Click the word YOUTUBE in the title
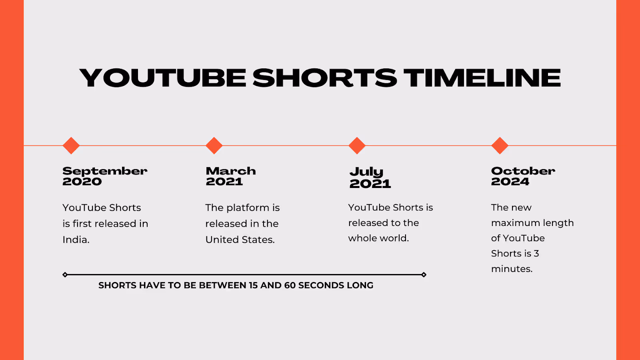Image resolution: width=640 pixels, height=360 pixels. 162,78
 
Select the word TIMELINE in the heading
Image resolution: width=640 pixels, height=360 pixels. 482,78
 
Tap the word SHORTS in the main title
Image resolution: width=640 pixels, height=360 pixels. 324,78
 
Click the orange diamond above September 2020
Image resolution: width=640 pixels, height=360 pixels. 71,146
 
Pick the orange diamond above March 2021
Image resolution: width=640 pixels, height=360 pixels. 214,146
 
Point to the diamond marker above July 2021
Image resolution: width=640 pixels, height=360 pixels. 357,146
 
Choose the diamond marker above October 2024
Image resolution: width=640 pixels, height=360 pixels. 500,146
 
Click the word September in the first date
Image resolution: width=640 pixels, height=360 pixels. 105,172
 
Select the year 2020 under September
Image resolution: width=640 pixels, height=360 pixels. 82,182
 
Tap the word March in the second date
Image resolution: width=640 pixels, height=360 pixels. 231,171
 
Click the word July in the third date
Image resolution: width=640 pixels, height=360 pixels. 366,172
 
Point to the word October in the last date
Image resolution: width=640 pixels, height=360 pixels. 523,171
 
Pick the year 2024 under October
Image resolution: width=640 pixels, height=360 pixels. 510,182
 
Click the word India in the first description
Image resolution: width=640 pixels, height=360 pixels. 76,240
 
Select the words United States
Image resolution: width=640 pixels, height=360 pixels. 240,240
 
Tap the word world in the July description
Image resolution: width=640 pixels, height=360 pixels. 392,238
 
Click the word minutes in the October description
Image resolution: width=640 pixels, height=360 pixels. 512,269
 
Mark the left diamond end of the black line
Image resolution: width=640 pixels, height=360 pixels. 65,274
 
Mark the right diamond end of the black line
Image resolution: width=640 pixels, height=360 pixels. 424,274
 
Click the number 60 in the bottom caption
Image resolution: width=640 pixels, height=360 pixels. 290,285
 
